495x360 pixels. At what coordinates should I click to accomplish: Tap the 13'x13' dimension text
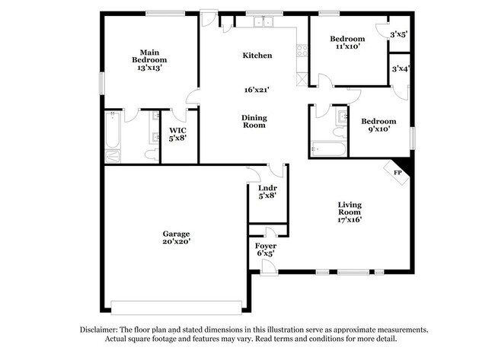click(150, 68)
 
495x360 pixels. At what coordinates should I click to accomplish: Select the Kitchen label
click(257, 56)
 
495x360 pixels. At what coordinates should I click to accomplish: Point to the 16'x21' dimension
click(257, 90)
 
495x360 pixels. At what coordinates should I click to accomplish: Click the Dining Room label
click(254, 121)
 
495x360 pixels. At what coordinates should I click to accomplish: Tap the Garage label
click(175, 234)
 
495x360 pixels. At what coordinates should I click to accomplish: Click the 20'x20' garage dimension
click(175, 241)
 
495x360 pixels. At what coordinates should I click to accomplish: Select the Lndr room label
click(267, 187)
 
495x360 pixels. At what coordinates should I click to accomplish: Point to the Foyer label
click(266, 246)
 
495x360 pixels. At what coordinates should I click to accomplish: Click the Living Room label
click(350, 209)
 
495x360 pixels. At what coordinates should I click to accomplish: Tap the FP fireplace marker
click(397, 173)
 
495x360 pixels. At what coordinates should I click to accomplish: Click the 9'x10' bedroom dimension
click(378, 129)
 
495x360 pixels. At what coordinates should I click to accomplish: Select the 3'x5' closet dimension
click(398, 34)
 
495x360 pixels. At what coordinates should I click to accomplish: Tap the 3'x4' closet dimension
click(401, 68)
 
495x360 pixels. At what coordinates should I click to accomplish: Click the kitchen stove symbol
click(301, 52)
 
